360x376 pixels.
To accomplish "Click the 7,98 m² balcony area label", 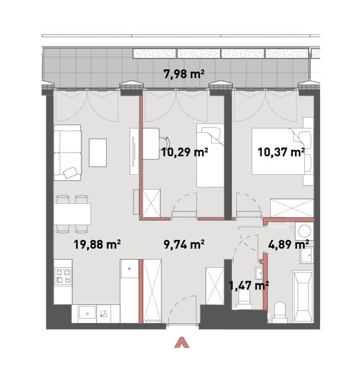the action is pyautogui.click(x=184, y=74).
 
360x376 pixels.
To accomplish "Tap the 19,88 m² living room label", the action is pyautogui.click(x=97, y=244).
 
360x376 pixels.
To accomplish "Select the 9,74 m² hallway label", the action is pyautogui.click(x=184, y=244).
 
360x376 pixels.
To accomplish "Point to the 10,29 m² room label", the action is pyautogui.click(x=184, y=152).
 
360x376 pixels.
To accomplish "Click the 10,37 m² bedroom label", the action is pyautogui.click(x=281, y=152).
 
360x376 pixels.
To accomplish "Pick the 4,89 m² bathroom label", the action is pyautogui.click(x=288, y=244).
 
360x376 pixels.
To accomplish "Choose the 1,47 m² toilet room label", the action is pyautogui.click(x=248, y=285).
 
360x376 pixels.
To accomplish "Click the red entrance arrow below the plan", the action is pyautogui.click(x=182, y=342).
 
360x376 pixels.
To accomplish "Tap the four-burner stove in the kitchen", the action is pyautogui.click(x=63, y=276).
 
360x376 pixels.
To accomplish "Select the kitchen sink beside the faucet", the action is pyautogui.click(x=88, y=313).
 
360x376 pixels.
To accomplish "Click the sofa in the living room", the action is pyautogui.click(x=67, y=152).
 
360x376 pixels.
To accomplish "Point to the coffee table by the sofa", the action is pyautogui.click(x=98, y=152).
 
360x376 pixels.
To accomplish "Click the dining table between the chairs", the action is pyautogui.click(x=72, y=214).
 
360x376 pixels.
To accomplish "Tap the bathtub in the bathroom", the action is pyautogui.click(x=303, y=297).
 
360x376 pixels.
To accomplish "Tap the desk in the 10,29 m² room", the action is pyautogui.click(x=151, y=144).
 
